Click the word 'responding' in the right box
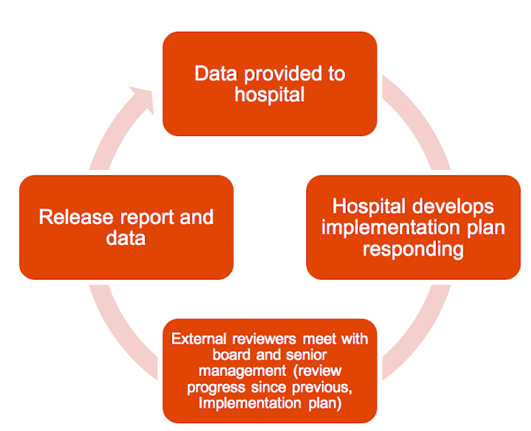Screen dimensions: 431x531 click(413, 249)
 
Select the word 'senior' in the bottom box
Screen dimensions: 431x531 click(305, 355)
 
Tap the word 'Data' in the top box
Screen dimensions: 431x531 click(213, 74)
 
